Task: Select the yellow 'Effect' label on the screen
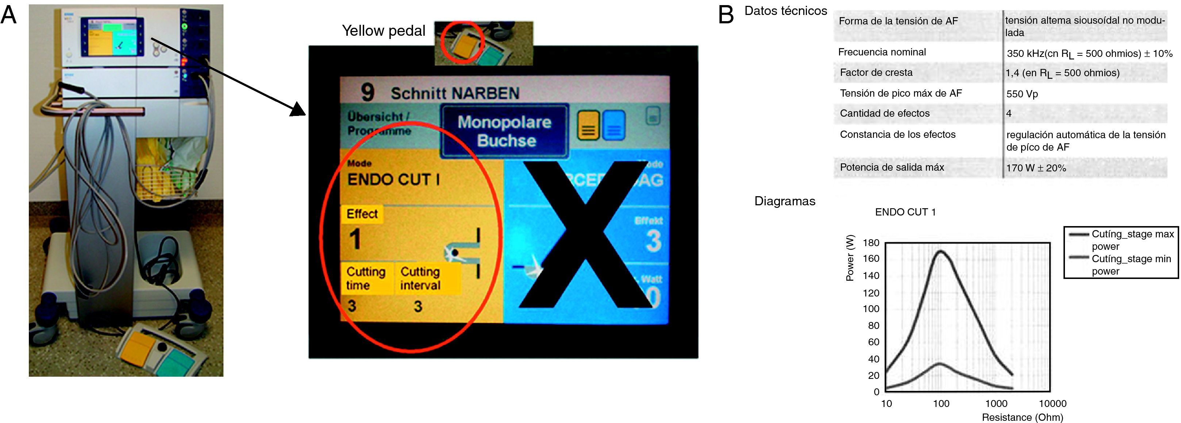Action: [362, 214]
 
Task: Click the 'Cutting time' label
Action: [365, 278]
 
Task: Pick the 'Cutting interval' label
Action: [420, 278]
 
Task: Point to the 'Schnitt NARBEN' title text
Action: [454, 93]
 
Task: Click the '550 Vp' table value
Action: [1022, 94]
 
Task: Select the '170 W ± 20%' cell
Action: [1036, 168]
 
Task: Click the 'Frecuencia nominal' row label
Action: [882, 52]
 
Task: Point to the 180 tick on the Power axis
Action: [871, 243]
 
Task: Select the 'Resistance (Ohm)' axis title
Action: [1022, 417]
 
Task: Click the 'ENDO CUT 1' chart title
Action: [905, 212]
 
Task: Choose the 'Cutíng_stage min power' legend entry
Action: [1131, 264]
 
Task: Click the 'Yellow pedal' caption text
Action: [383, 31]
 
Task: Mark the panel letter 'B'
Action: [726, 15]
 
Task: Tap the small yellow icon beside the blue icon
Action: [588, 125]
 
